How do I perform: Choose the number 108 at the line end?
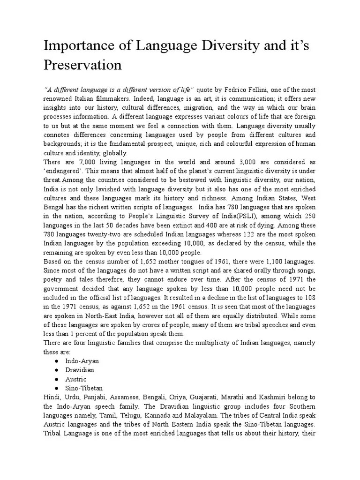[x=310, y=297]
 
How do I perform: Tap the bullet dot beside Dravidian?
[x=56, y=370]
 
